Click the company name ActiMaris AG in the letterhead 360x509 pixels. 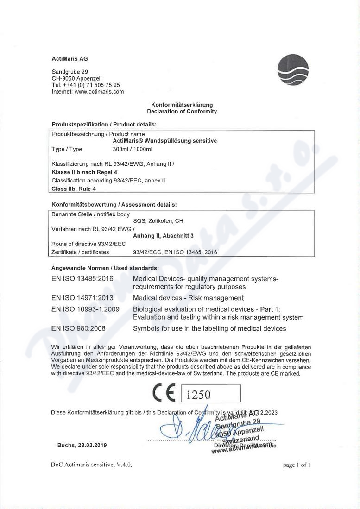point(69,59)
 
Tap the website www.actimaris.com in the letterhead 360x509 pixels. point(99,92)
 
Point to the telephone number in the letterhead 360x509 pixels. point(86,85)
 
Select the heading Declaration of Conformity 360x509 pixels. point(182,112)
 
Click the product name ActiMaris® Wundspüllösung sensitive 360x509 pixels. point(164,141)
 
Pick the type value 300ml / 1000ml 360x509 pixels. point(133,149)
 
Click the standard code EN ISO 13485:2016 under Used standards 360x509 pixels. point(82,279)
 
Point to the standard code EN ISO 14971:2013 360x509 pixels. point(82,298)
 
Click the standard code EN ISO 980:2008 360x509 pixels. point(79,329)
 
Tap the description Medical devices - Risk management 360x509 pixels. point(188,298)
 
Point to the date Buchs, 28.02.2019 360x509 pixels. point(82,445)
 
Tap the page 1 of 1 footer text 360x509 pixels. point(296,465)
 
